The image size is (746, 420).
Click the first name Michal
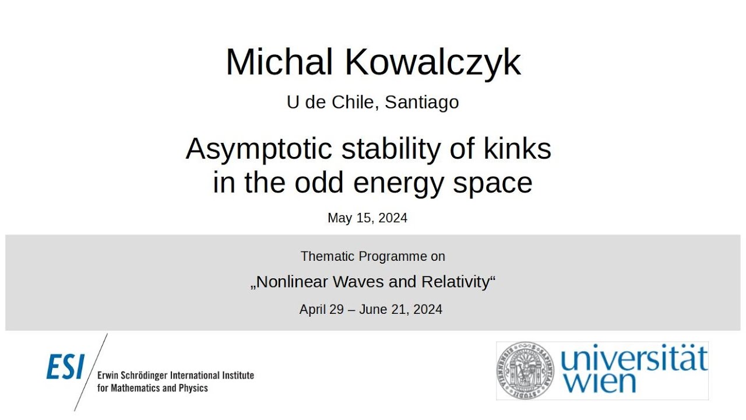click(279, 62)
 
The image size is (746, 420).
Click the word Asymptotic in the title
click(259, 149)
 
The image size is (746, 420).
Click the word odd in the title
click(321, 183)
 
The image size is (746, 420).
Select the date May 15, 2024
click(367, 218)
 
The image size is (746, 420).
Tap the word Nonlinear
click(292, 282)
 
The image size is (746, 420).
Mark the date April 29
click(322, 309)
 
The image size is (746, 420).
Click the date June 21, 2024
click(400, 309)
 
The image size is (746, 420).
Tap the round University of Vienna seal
click(525, 371)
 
